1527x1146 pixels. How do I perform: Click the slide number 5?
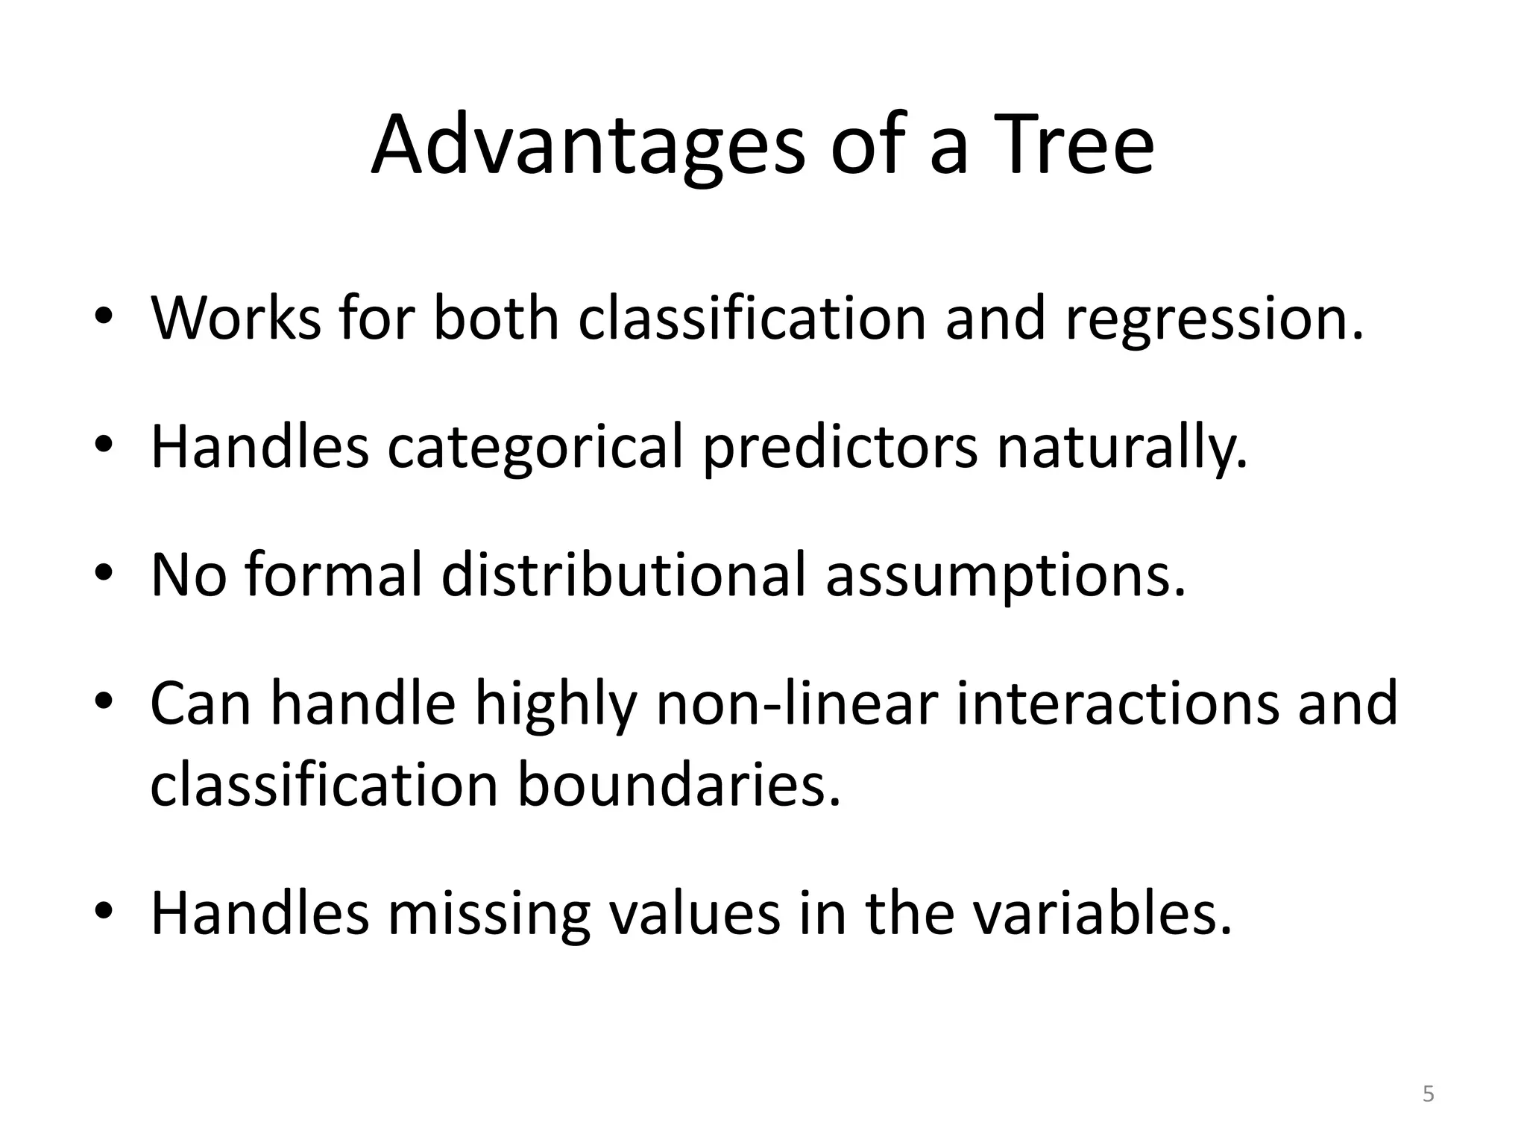coord(1428,1095)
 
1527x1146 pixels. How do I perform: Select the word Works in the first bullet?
coord(235,318)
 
